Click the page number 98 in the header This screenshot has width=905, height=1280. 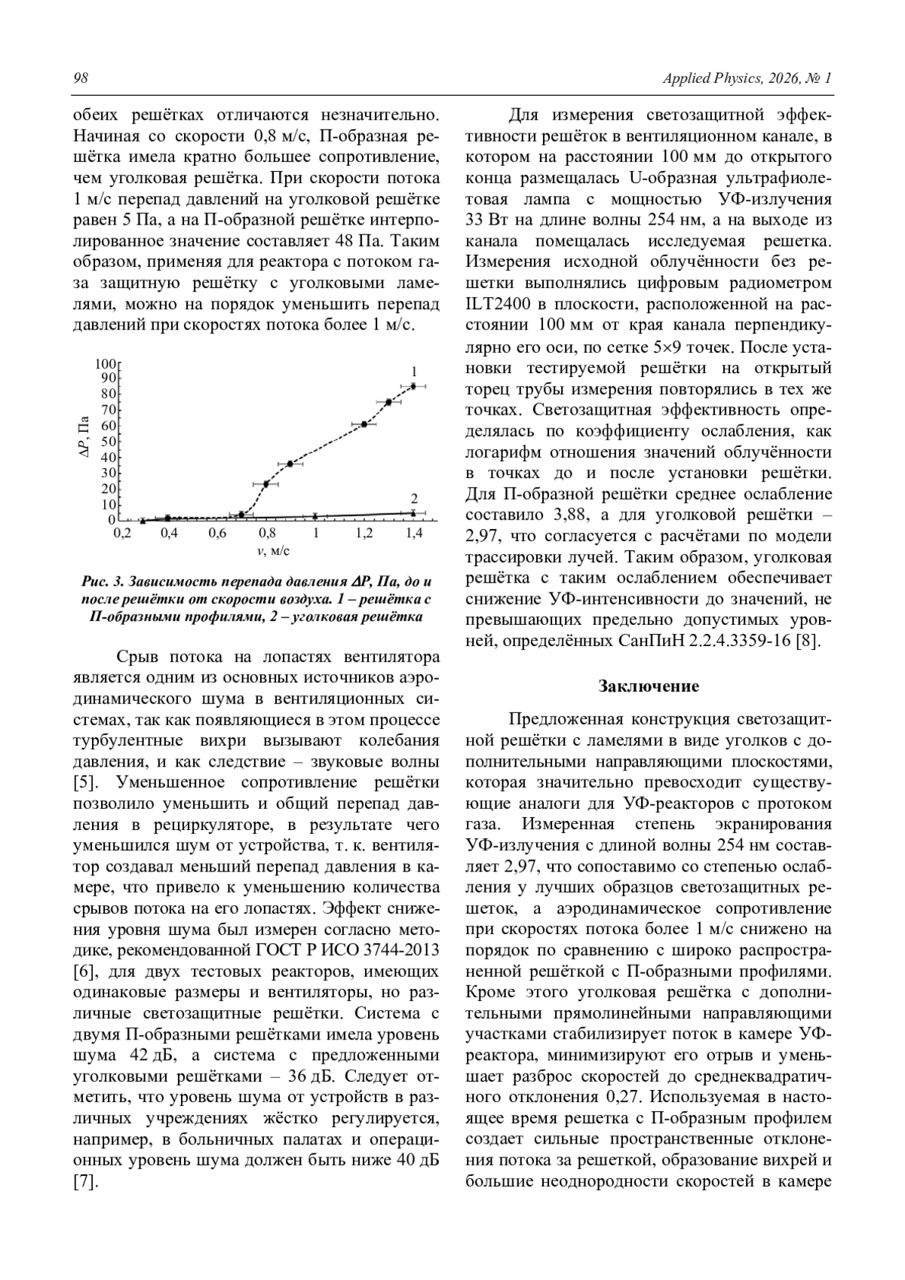[x=81, y=79]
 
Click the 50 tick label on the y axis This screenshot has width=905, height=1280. [x=109, y=441]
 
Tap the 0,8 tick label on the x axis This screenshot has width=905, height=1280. [x=267, y=533]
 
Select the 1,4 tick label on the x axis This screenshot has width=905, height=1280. [x=413, y=533]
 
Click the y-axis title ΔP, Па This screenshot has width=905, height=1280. [x=84, y=438]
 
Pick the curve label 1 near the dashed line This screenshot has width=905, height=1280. [x=414, y=372]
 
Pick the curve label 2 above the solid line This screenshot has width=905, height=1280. [x=414, y=498]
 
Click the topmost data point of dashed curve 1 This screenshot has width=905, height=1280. [x=413, y=386]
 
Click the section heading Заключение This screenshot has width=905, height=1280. [x=649, y=686]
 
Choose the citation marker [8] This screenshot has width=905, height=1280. [x=808, y=642]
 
